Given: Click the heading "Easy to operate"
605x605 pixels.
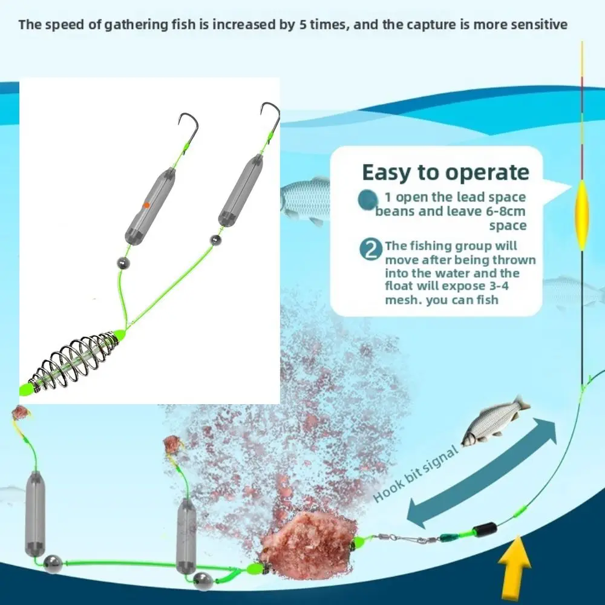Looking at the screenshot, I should [x=445, y=172].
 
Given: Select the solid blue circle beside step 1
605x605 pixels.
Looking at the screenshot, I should [x=367, y=200].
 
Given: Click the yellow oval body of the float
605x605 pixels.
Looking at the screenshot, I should [x=582, y=214].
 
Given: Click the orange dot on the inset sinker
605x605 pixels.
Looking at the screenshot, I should [x=146, y=206].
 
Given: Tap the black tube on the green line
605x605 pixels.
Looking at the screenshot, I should [x=488, y=529].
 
